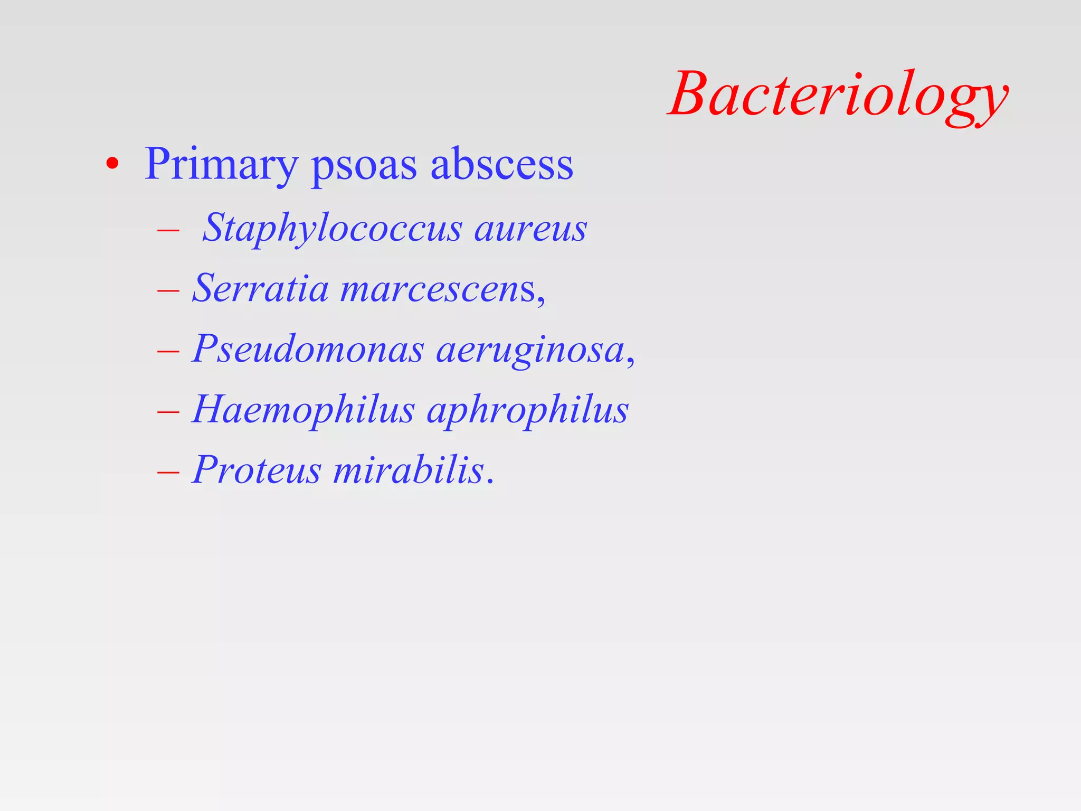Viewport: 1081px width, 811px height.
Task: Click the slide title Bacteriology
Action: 838,95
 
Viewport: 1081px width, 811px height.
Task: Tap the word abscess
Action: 502,164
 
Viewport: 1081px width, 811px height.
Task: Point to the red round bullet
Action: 112,164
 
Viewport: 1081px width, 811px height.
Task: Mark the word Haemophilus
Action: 304,410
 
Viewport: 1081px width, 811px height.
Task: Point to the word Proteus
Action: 257,469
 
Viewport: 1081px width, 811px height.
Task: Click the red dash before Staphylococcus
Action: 168,231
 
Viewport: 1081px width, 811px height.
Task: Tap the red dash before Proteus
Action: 168,471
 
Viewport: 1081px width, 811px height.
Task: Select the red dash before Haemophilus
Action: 168,411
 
